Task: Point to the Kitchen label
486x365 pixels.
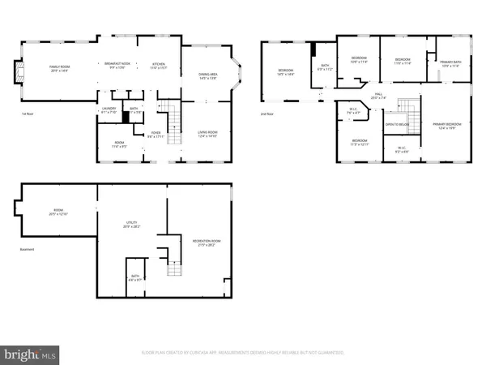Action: [158, 65]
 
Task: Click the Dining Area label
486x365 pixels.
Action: [207, 75]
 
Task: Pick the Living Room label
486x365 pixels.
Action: [207, 134]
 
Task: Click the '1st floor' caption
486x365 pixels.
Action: [28, 114]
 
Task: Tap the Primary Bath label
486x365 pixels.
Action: [451, 63]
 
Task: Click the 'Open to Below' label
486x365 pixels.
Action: [395, 125]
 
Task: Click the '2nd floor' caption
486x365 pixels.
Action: [266, 114]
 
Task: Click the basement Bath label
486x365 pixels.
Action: [134, 278]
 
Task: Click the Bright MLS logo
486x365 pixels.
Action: [31, 354]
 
